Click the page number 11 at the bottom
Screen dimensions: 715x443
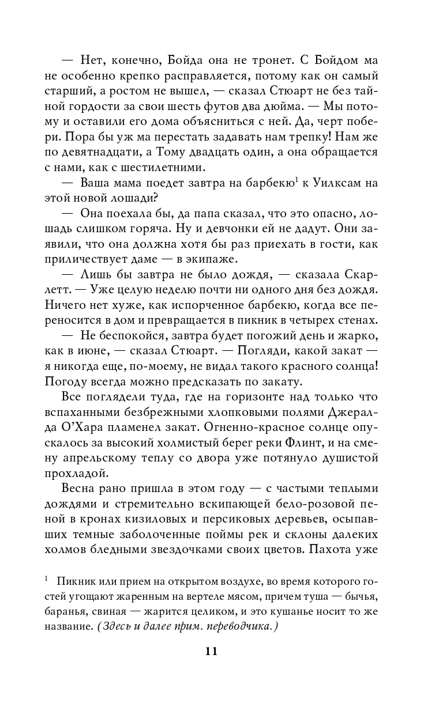tap(211, 652)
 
